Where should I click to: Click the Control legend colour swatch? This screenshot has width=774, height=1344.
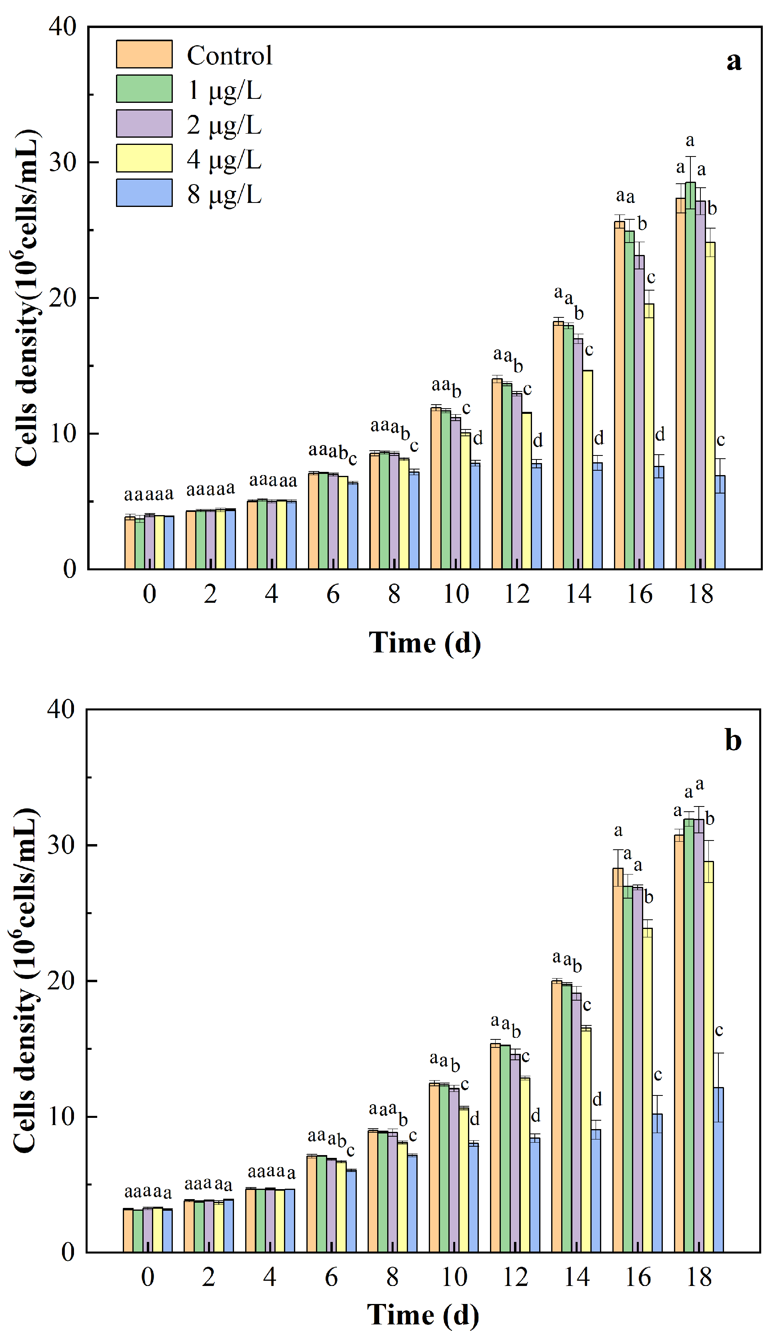144,54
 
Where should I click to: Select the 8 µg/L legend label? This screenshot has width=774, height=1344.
224,194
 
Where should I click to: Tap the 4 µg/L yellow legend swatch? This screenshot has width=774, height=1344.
144,158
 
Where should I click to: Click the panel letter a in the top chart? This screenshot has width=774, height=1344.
734,61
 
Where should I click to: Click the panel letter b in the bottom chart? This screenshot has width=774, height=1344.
733,740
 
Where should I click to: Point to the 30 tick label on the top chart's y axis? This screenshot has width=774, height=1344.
63,162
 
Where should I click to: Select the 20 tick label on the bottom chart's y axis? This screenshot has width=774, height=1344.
61,981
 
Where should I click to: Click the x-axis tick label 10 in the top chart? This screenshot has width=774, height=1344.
456,594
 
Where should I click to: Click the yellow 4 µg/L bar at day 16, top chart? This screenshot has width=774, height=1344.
648,436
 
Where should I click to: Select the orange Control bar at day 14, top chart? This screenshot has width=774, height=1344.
558,447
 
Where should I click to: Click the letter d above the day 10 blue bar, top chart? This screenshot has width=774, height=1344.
478,439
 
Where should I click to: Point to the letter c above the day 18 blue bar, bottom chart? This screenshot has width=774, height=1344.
719,1031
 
